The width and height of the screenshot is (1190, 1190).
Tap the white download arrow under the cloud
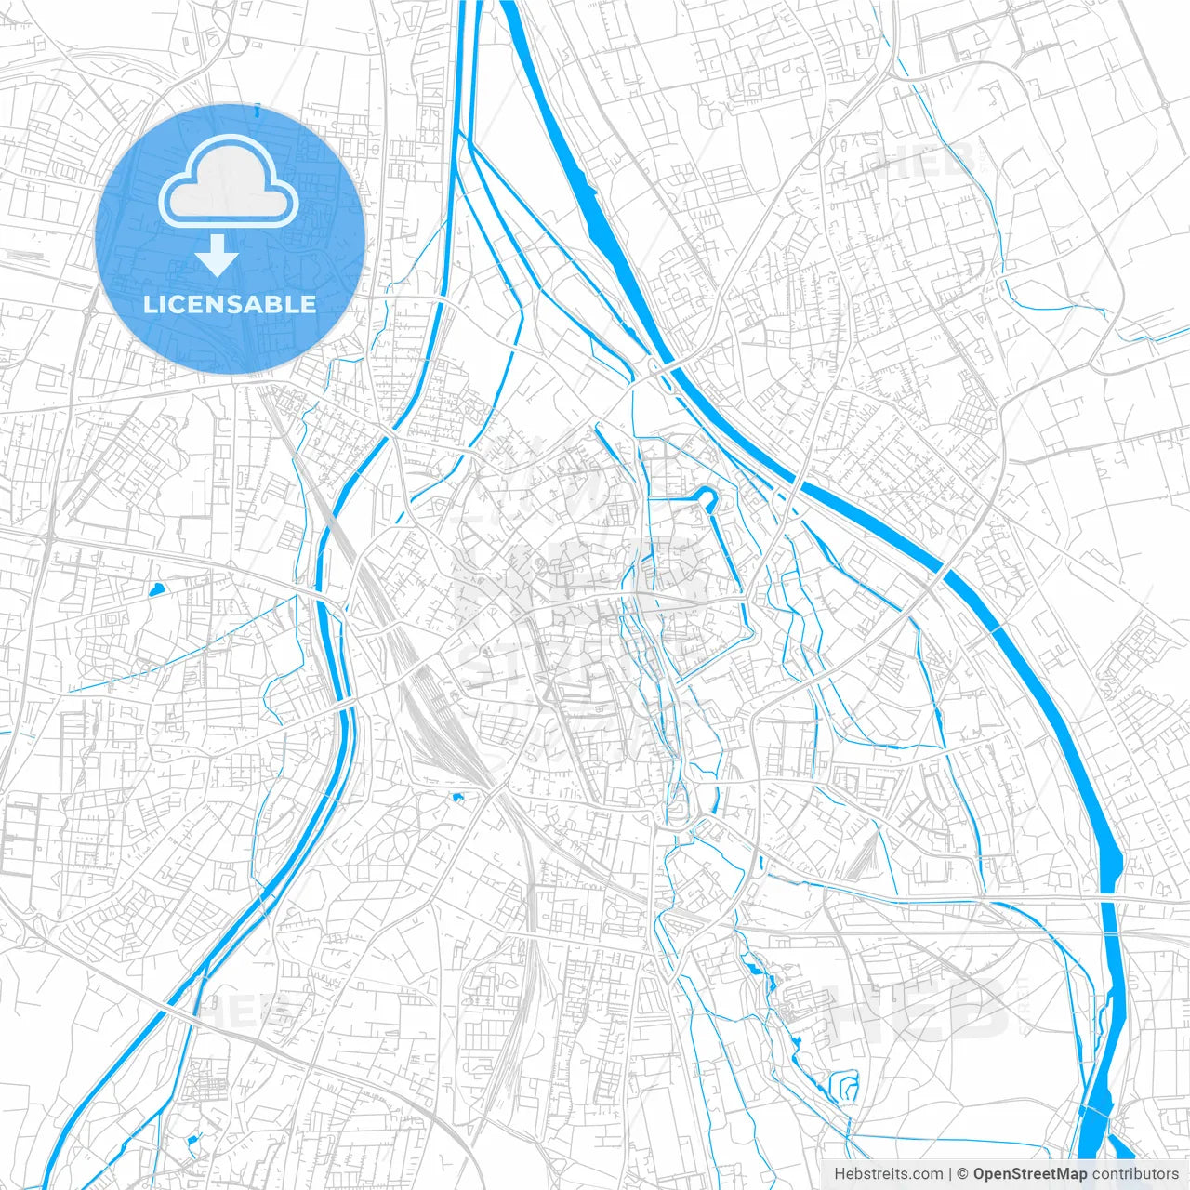click(x=218, y=256)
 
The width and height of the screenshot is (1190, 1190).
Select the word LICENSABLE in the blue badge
click(x=229, y=305)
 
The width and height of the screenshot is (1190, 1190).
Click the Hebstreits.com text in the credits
click(x=888, y=1174)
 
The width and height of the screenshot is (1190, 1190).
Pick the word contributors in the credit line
click(x=1135, y=1174)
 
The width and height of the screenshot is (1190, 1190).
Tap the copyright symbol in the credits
click(x=963, y=1174)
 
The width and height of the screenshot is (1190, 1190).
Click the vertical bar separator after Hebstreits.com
click(x=950, y=1174)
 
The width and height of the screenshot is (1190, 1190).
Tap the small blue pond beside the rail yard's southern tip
click(x=456, y=797)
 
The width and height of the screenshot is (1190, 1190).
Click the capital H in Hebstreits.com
click(x=840, y=1174)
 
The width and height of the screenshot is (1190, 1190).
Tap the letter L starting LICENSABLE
click(x=149, y=305)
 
